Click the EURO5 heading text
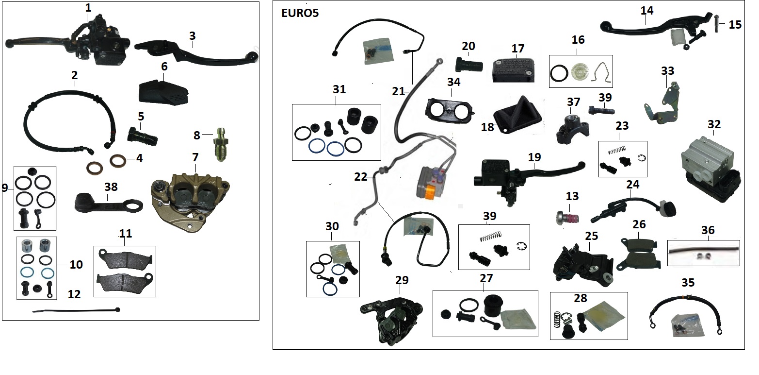(x=300, y=13)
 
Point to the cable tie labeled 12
(x=76, y=310)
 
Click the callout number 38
(x=111, y=187)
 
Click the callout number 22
(x=361, y=177)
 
